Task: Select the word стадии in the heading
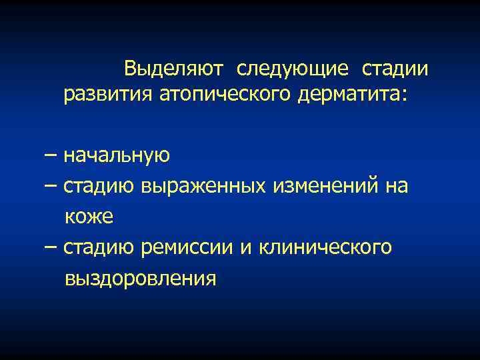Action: [x=395, y=69]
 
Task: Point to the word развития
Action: [x=108, y=95]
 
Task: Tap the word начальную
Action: [x=117, y=155]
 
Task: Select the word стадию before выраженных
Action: [x=100, y=186]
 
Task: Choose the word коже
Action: [x=89, y=217]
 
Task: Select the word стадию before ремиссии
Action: [x=100, y=247]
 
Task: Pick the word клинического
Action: [x=325, y=247]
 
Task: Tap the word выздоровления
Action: [x=141, y=278]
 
